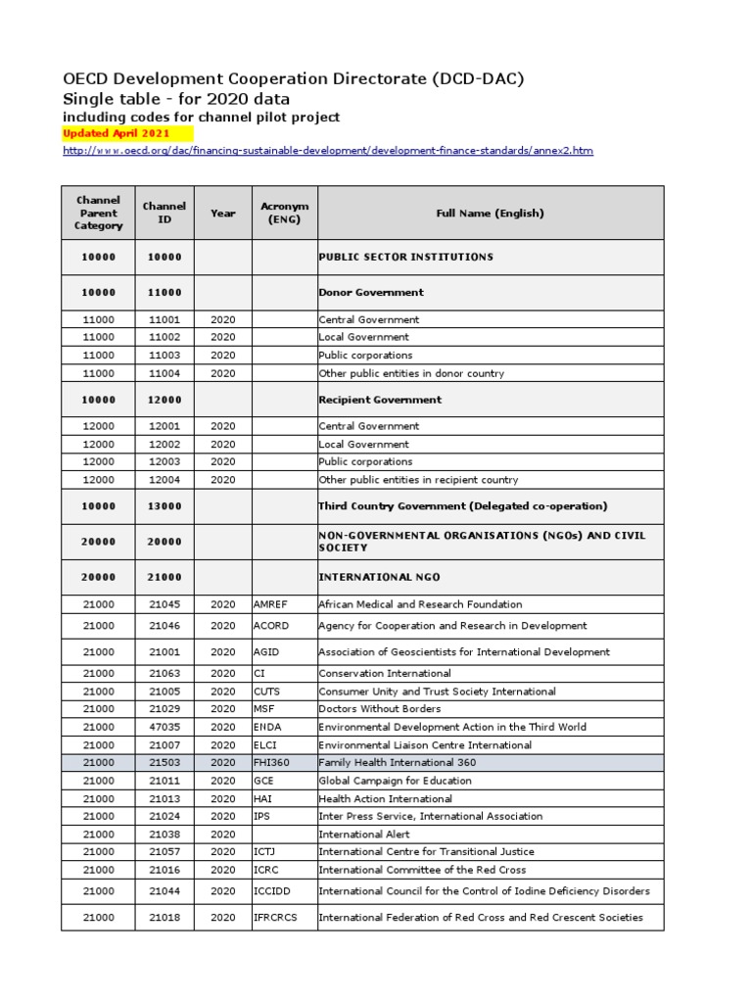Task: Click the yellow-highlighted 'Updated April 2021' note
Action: pos(117,133)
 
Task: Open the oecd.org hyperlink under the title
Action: pos(327,151)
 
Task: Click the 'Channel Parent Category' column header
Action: pos(99,213)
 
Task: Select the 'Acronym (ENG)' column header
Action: pos(284,213)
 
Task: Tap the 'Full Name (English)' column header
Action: pos(490,213)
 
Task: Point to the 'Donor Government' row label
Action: pos(371,292)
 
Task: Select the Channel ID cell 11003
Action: pos(164,356)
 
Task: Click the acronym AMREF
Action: pos(272,604)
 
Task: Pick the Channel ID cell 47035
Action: pos(164,727)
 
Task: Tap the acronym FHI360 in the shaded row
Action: pos(273,762)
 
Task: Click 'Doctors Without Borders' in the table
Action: pos(380,708)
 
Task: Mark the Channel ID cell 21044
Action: pos(164,891)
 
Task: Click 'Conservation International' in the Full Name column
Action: pos(385,673)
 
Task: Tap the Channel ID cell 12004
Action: pos(164,480)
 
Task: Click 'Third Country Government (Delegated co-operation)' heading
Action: pos(463,506)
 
